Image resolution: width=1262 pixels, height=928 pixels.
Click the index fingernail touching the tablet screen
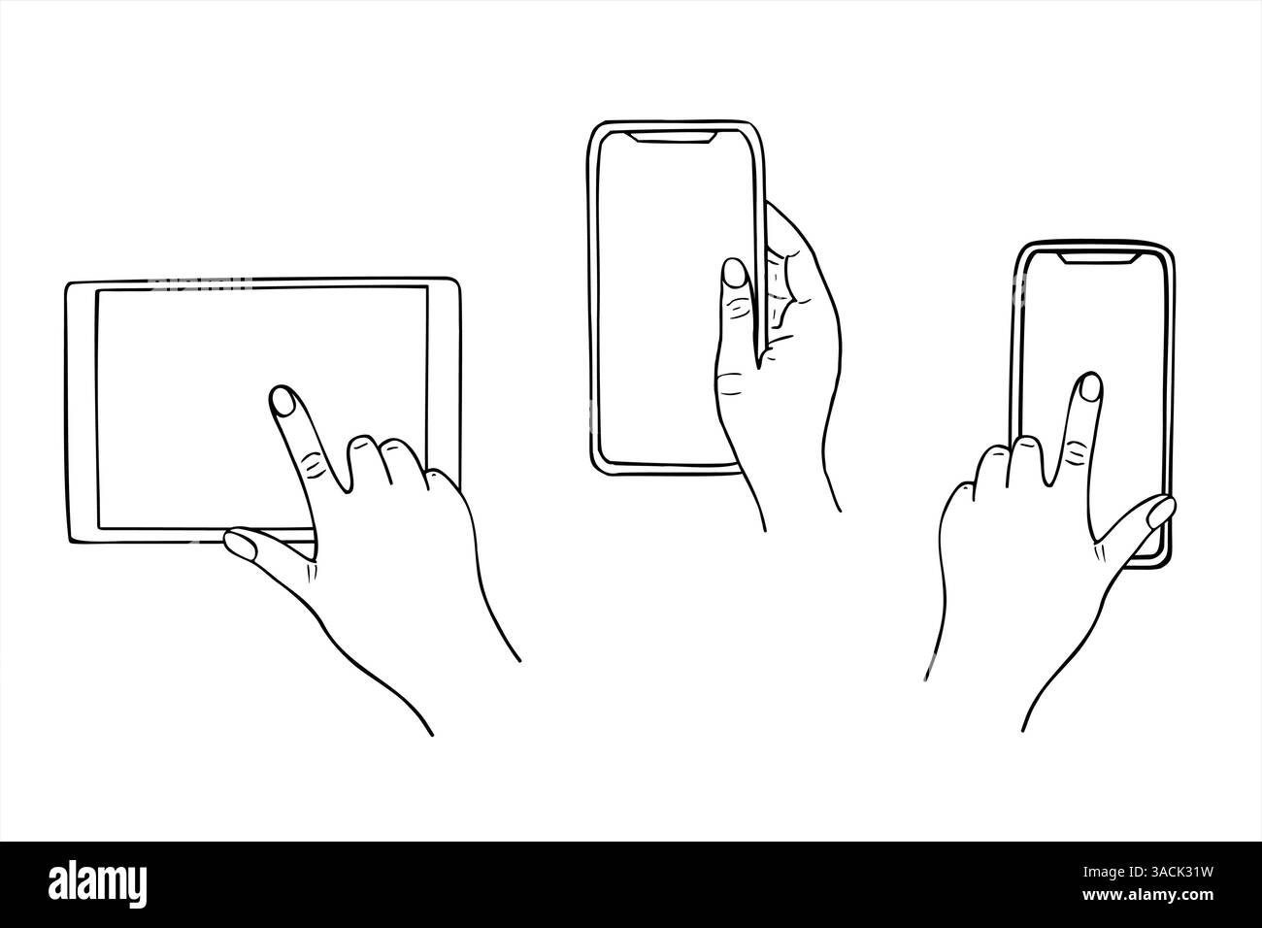(282, 399)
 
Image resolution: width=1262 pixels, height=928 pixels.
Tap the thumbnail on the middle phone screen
(735, 273)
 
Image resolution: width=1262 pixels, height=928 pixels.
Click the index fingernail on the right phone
(1091, 387)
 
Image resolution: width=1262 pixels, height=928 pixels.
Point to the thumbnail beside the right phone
(1160, 512)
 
